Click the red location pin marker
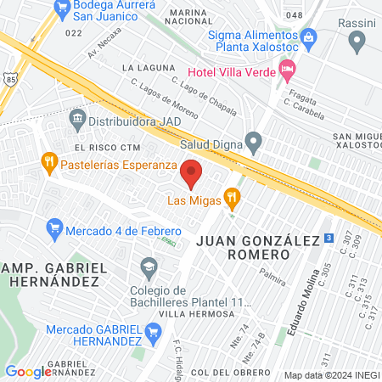pyautogui.click(x=192, y=173)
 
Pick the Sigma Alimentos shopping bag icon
pyautogui.click(x=309, y=37)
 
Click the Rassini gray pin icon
pyautogui.click(x=357, y=39)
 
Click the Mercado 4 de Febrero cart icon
pyautogui.click(x=55, y=227)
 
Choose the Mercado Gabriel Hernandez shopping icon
pyautogui.click(x=154, y=329)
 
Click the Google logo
pyautogui.click(x=28, y=371)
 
